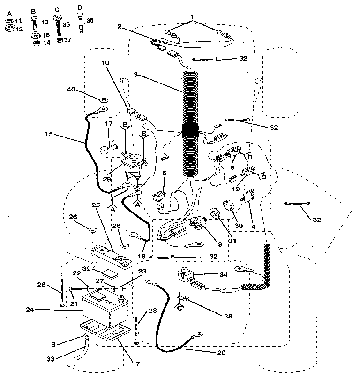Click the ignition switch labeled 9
[x=196, y=229]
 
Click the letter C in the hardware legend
[x=57, y=10]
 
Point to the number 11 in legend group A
[x=19, y=21]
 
